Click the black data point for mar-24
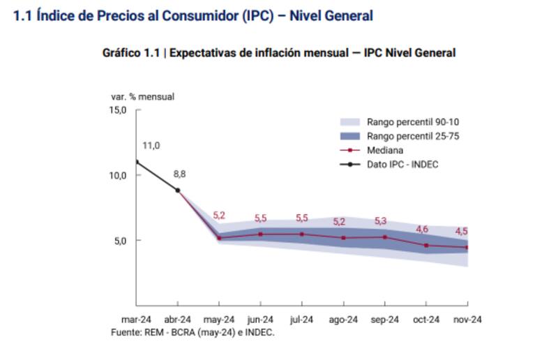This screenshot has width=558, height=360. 137,162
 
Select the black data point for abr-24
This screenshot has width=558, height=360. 178,190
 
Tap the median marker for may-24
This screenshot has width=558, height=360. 219,238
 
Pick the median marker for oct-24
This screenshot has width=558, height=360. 426,246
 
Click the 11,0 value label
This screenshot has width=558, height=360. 151,146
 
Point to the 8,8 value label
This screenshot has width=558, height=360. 179,174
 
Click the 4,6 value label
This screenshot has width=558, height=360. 422,229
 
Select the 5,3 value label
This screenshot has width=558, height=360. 381,221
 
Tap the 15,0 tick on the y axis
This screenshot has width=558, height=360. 117,110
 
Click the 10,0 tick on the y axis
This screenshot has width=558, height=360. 117,175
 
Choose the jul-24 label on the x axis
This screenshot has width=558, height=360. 302,320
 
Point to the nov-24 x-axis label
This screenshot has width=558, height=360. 468,320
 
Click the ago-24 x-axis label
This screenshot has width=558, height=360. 344,320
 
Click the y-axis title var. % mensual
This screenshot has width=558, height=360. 143,96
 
